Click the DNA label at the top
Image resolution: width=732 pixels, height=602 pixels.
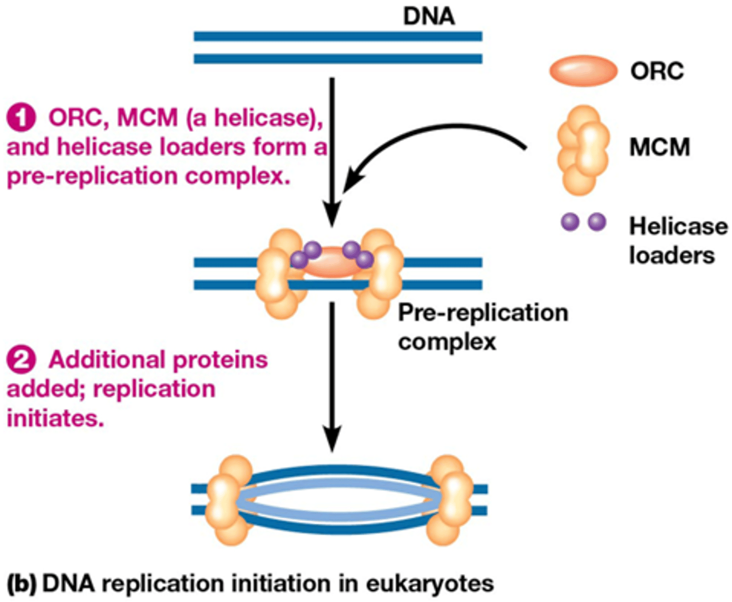pos(429,16)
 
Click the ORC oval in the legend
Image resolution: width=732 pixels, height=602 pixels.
pos(583,71)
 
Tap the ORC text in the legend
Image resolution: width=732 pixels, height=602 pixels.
pos(657,71)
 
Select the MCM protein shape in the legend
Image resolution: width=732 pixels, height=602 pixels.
pos(583,150)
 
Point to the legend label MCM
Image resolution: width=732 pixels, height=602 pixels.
pos(660,147)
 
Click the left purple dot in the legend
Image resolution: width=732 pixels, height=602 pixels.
pos(570,222)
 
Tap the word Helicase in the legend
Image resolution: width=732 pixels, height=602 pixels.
pos(678,226)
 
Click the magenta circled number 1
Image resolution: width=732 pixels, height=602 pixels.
pos(21,118)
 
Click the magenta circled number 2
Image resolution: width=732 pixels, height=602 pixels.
pos(21,360)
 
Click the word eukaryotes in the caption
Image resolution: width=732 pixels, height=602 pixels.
pos(430,584)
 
